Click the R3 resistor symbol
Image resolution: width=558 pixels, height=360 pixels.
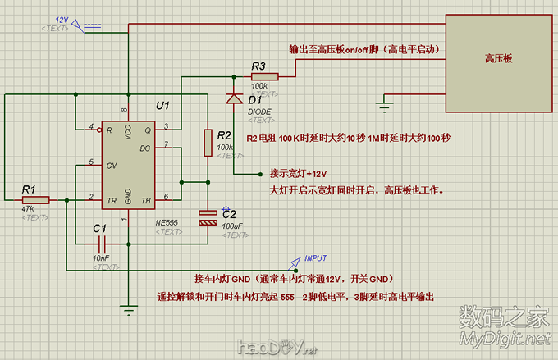point(266,76)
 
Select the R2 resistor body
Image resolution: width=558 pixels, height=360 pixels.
point(208,142)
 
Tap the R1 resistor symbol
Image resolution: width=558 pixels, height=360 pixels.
point(36,199)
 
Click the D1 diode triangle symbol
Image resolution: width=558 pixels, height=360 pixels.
point(234,98)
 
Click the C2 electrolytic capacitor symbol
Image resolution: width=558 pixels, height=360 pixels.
point(208,218)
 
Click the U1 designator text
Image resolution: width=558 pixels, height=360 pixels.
point(162,107)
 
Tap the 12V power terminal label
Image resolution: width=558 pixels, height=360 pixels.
point(62,20)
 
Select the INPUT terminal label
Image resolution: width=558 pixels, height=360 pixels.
point(316,258)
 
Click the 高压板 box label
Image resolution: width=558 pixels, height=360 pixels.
point(498,59)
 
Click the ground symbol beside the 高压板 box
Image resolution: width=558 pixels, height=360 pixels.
point(382,104)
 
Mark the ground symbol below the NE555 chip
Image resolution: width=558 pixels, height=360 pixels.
point(127,309)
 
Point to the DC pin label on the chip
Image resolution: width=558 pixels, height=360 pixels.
point(146,148)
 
